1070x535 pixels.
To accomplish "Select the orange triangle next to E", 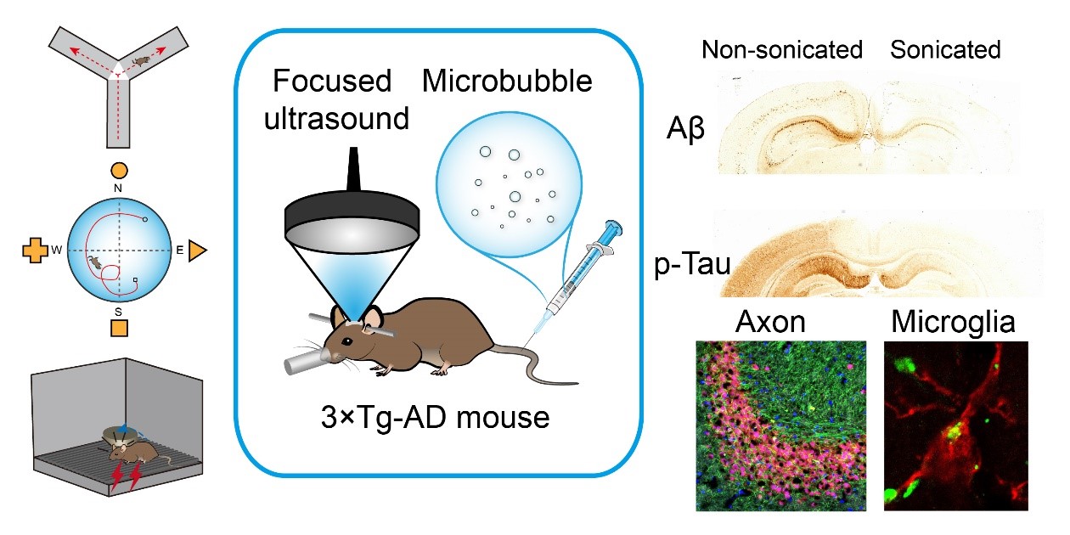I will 197,251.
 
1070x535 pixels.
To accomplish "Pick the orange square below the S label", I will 120,327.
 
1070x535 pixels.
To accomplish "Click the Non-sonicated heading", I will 781,50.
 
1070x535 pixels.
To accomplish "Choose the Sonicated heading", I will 945,50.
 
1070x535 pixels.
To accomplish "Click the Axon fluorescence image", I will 780,425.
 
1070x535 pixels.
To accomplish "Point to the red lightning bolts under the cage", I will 126,478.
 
